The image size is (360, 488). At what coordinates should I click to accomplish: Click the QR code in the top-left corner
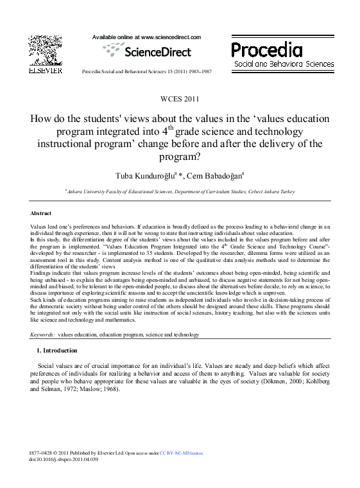(x=44, y=50)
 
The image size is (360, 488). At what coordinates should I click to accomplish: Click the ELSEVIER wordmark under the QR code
(x=45, y=70)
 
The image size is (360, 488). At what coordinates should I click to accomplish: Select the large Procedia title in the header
(x=266, y=50)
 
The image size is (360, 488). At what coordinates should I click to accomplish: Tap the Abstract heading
(x=41, y=213)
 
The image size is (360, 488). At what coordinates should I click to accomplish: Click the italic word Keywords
(x=42, y=335)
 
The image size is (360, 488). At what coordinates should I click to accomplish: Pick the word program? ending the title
(x=180, y=156)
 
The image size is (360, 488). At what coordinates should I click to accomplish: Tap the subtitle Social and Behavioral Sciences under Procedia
(x=284, y=65)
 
